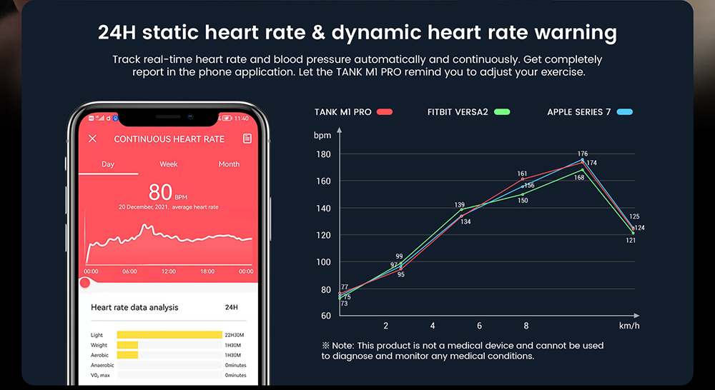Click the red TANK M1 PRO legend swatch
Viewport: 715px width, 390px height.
[385, 112]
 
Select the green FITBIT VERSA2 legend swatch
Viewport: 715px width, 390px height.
[501, 112]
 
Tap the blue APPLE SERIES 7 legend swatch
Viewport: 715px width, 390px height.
[625, 112]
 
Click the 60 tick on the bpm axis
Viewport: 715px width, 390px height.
[325, 316]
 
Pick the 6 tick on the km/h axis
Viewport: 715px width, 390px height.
[479, 326]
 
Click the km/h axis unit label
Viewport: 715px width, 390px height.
[629, 326]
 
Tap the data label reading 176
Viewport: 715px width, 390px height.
[583, 154]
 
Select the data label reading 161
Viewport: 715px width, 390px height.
[522, 174]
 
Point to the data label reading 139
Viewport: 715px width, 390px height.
[460, 205]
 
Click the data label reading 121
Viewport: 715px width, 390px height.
[631, 241]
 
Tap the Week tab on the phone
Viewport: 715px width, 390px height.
[169, 164]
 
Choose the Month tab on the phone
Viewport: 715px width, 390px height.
[229, 164]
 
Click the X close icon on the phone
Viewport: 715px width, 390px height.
[92, 139]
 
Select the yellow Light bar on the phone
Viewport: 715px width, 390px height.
[169, 335]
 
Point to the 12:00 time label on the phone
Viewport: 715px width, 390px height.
[169, 272]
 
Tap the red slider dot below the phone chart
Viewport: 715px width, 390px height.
[85, 283]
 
